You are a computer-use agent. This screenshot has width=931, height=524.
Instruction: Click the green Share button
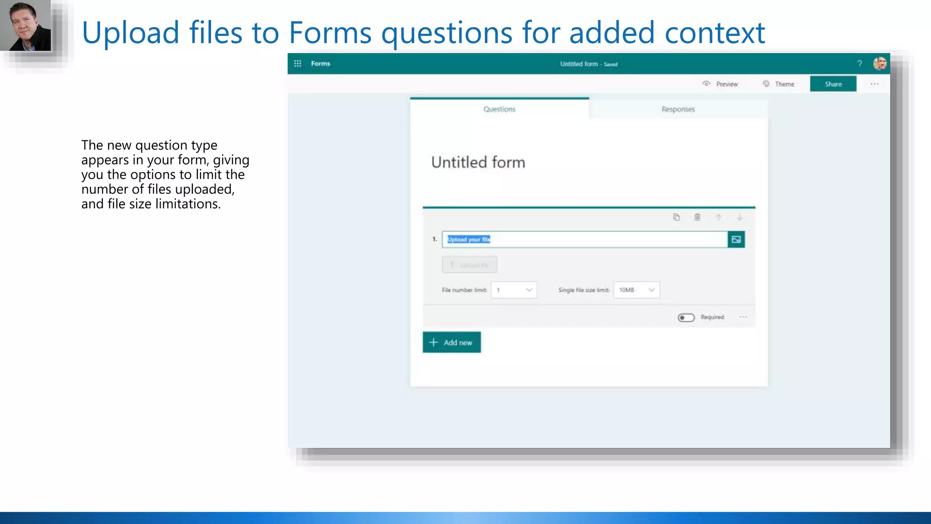tap(833, 84)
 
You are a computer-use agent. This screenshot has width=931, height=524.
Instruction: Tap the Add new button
tap(451, 343)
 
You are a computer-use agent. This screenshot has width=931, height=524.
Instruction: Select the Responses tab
tap(678, 109)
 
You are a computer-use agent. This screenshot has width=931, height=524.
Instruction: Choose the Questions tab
tap(499, 109)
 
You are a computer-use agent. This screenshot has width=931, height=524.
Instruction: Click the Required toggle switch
tap(686, 317)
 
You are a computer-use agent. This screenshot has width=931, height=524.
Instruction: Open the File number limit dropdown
tap(514, 290)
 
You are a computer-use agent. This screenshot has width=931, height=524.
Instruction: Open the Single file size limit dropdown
tap(636, 290)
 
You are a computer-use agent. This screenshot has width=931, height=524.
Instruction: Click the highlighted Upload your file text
tap(469, 239)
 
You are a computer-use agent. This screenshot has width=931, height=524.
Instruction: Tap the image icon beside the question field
tap(736, 239)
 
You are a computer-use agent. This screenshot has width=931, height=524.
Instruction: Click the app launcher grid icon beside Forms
tap(298, 64)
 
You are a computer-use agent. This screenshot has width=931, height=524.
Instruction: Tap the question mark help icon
tap(859, 64)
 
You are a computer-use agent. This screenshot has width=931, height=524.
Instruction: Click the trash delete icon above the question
tap(697, 217)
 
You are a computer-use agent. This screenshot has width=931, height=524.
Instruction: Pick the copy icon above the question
tap(676, 217)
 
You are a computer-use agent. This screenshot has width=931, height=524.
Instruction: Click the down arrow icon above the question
tap(740, 217)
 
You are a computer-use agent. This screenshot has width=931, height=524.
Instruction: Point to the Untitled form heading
tap(478, 162)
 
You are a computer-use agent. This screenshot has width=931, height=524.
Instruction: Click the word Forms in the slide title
tap(330, 33)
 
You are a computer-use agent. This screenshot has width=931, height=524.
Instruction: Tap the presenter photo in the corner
tap(26, 25)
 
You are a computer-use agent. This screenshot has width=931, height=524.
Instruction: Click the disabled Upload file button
tap(470, 265)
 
